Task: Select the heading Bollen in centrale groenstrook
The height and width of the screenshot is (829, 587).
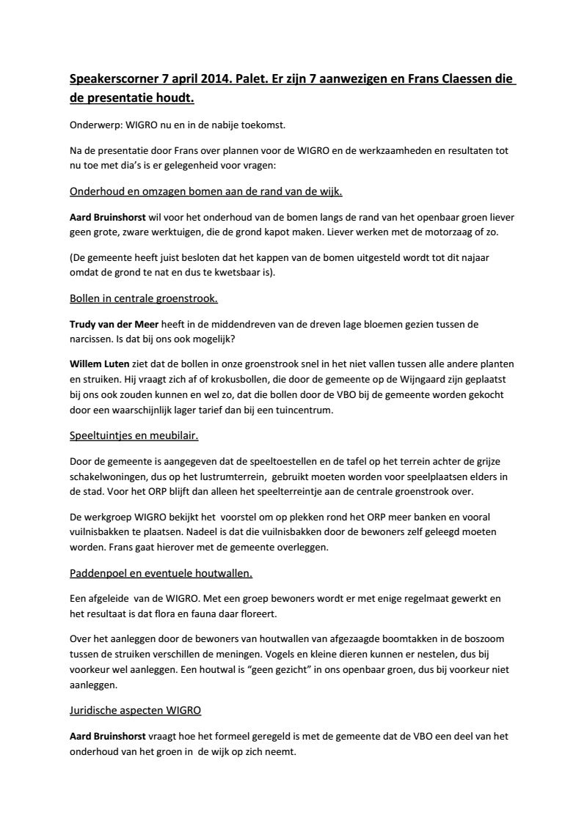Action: pyautogui.click(x=143, y=299)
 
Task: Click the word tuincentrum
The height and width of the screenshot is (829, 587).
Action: pyautogui.click(x=302, y=410)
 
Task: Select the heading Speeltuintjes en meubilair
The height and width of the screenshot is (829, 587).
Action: pyautogui.click(x=134, y=436)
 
